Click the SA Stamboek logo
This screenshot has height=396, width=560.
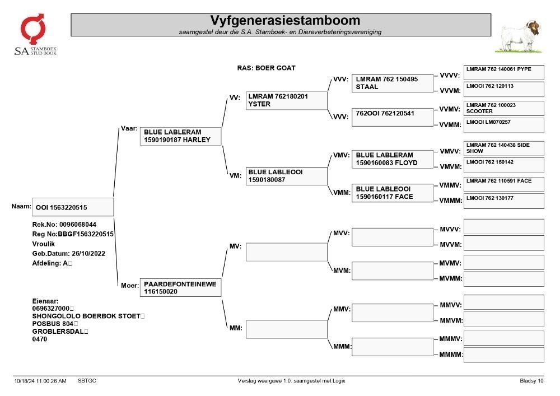(35, 34)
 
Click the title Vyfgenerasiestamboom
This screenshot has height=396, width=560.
(285, 20)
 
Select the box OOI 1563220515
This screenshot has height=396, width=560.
(73, 207)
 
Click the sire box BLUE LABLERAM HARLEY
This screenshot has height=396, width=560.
(181, 136)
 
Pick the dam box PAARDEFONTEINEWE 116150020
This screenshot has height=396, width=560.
(181, 287)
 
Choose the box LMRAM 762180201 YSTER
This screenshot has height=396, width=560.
(286, 100)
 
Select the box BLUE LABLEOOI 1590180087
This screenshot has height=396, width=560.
(286, 176)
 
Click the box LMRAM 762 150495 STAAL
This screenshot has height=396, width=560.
(393, 83)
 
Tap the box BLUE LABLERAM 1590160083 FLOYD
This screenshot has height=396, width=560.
(393, 159)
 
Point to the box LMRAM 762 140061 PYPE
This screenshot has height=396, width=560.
(504, 72)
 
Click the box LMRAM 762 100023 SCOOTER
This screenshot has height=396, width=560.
(504, 108)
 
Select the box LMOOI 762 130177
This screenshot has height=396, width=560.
(504, 201)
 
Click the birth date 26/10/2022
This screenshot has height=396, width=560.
(88, 254)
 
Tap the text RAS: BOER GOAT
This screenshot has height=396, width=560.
(267, 68)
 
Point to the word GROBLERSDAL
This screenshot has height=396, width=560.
(58, 332)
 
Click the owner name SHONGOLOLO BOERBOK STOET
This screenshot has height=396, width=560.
(86, 316)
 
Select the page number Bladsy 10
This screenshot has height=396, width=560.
(531, 381)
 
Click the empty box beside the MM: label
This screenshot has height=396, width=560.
(286, 329)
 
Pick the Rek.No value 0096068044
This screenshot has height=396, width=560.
(78, 225)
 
